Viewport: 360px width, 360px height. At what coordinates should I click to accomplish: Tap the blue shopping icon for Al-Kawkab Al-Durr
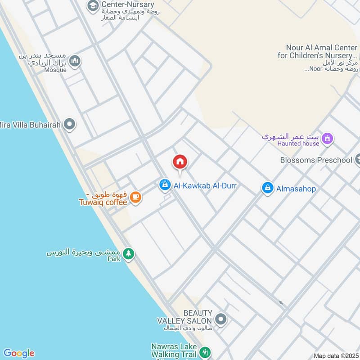point(165,184)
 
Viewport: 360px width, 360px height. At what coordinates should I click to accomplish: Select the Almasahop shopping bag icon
point(268,189)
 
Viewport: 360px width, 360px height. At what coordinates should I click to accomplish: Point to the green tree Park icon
point(129,254)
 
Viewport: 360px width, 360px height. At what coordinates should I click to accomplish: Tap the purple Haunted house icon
point(328,139)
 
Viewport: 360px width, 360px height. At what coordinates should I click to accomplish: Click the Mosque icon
point(75,61)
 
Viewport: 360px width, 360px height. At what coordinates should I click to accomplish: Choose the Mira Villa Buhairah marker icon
point(69,124)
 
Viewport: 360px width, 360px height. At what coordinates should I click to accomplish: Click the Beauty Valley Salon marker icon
point(220,320)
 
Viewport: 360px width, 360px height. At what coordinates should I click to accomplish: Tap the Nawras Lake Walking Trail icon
point(205,351)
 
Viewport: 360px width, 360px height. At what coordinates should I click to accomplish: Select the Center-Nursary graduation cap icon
point(93,5)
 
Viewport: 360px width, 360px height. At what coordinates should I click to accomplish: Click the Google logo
point(18,353)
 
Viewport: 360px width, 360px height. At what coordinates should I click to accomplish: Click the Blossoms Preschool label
point(315,160)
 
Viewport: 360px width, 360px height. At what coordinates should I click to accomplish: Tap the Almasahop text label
point(296,189)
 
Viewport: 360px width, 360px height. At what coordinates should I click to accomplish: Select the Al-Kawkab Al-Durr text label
point(205,185)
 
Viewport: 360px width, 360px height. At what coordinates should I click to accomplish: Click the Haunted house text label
point(298,144)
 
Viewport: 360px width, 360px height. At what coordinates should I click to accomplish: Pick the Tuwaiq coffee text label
point(103,202)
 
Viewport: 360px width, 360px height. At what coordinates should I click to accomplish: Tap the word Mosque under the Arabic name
point(55,70)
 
